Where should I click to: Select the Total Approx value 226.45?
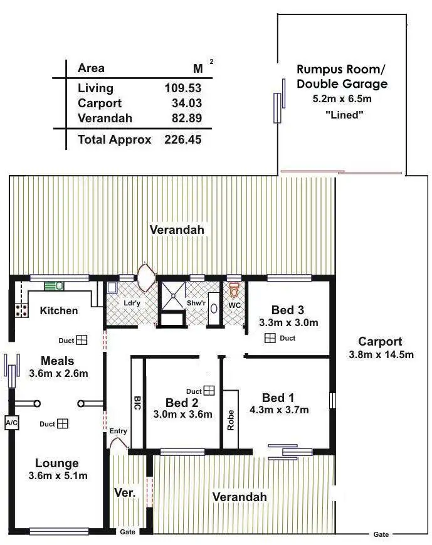pos(182,140)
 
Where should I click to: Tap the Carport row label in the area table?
pos(99,103)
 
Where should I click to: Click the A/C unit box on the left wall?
pos(11,423)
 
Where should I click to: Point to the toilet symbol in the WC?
pos(234,290)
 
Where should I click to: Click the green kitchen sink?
pos(54,286)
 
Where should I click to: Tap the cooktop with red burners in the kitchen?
pos(22,310)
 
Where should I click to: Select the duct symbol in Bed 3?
pos(270,338)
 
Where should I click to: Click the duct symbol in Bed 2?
pos(209,390)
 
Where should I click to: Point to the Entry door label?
pos(118,431)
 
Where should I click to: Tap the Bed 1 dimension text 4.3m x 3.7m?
pos(286,410)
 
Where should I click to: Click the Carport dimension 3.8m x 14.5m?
pos(380,354)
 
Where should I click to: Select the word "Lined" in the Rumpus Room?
pos(342,114)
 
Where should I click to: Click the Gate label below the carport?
pos(381,534)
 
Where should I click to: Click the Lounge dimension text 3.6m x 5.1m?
pos(58,475)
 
